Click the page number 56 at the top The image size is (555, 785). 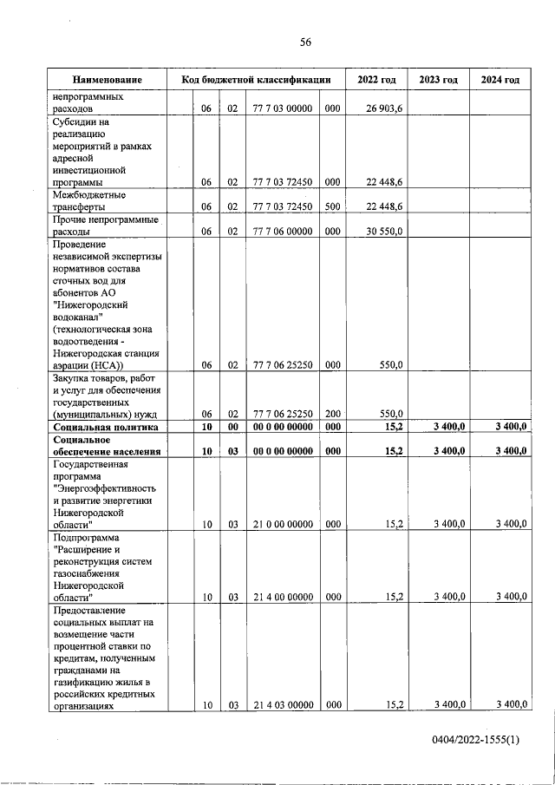305,42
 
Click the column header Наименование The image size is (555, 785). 107,80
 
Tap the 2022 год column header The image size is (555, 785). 376,80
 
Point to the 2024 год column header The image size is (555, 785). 499,80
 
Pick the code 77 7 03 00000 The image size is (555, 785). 283,109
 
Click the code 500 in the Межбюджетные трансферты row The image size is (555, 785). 332,207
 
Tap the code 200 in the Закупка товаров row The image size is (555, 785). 332,414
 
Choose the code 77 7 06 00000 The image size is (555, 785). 283,232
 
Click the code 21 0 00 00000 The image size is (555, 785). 283,524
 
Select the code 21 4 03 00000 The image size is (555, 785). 283,706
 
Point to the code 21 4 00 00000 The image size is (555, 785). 283,597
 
